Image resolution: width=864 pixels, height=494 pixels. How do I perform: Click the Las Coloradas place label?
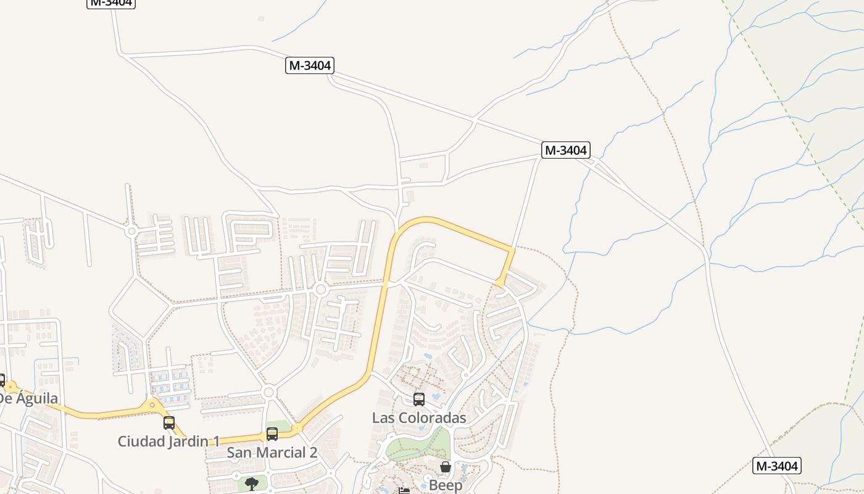pos(419,417)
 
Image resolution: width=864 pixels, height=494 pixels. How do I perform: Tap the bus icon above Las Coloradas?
pos(419,399)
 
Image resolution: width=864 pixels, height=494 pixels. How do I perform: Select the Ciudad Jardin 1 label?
pos(168,441)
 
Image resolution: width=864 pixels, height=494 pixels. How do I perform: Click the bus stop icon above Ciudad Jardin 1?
pos(169,423)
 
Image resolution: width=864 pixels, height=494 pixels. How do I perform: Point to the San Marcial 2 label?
pos(272,452)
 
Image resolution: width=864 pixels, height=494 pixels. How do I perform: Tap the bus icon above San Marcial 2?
pos(272,434)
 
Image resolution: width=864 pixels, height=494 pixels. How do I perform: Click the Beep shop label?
pos(446,485)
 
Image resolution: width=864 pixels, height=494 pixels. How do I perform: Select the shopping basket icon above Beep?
pos(446,467)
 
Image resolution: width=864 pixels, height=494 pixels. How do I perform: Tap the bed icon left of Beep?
pos(404,491)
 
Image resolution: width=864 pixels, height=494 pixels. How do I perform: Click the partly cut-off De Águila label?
pos(28,398)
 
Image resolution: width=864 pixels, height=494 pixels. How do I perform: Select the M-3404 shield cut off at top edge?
pos(110,2)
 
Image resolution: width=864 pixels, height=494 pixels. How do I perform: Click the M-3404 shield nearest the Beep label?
pos(776,466)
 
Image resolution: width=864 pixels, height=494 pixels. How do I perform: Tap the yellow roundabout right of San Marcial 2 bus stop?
pos(297,428)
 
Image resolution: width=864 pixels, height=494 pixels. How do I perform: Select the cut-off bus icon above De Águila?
pos(2,380)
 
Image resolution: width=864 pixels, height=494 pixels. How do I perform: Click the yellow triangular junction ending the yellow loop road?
pos(501,282)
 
